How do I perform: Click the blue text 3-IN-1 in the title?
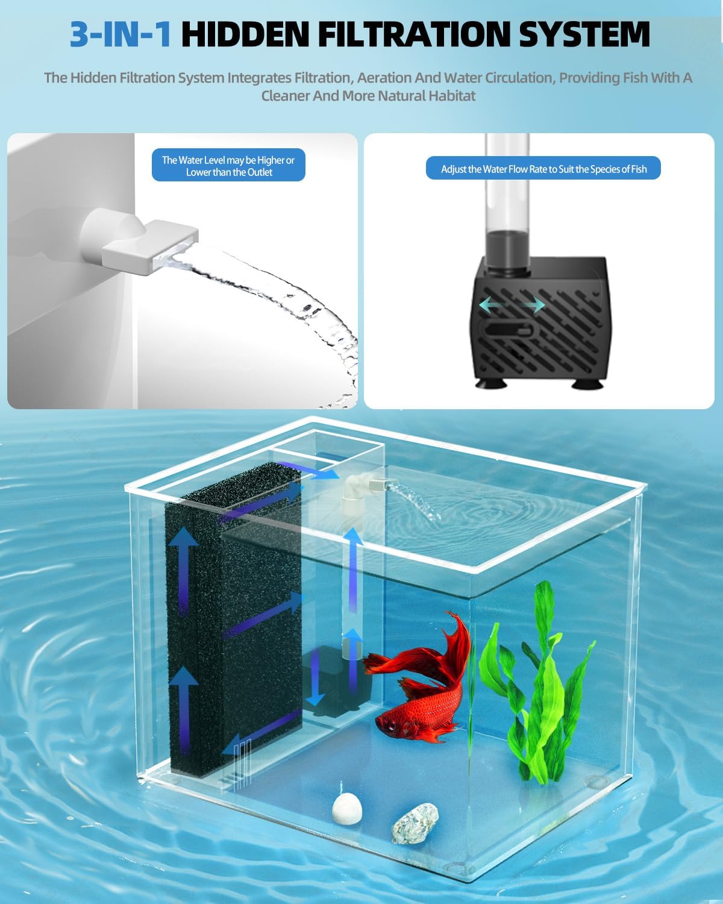(x=120, y=34)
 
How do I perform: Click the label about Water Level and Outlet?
(x=228, y=166)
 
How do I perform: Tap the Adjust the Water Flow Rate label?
(x=543, y=169)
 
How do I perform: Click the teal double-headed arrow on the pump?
(x=512, y=306)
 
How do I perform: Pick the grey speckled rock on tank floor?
(x=415, y=822)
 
